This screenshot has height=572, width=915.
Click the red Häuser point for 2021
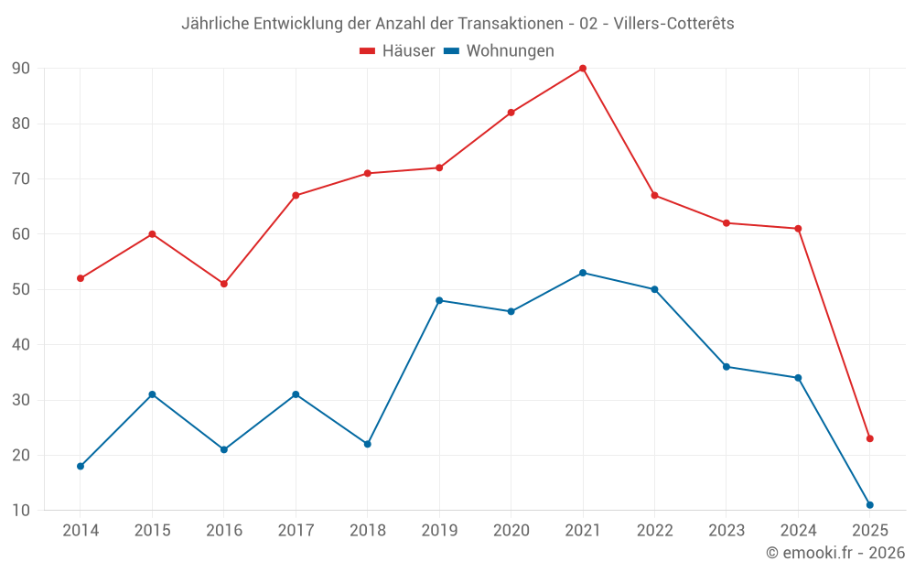point(583,69)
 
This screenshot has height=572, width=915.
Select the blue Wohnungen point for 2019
point(439,300)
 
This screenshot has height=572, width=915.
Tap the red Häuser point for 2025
point(870,438)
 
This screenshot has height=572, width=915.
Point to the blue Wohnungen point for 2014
point(81,466)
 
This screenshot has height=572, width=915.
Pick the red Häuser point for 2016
point(224,284)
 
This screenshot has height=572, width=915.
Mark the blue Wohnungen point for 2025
point(870,505)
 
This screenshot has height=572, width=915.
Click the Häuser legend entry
point(397,51)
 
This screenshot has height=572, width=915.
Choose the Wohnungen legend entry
point(500,51)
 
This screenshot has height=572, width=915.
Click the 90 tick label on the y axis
point(21,69)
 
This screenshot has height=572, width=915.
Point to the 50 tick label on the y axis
point(21,289)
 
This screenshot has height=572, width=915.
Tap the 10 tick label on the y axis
point(21,511)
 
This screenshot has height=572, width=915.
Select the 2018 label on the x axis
point(367,530)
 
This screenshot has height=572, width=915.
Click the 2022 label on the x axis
point(654,530)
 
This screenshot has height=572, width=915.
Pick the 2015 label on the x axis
point(152,530)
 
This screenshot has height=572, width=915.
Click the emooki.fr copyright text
point(835,553)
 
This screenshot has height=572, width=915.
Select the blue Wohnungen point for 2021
point(583,273)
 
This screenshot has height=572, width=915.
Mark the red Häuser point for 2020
point(511,113)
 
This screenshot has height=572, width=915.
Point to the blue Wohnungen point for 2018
point(368,444)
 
